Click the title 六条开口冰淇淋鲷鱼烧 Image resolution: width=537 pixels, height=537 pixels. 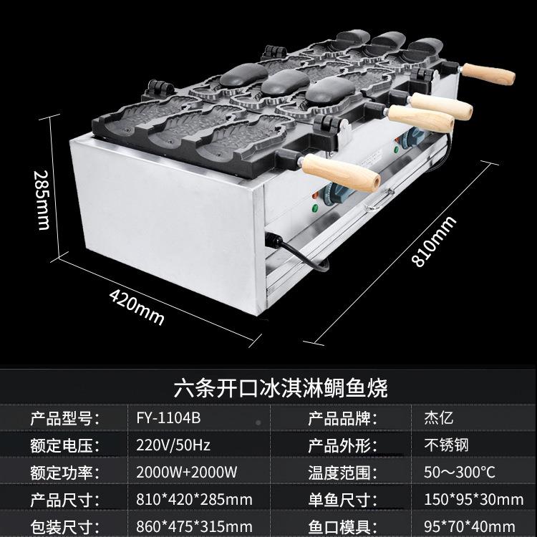pos(281,389)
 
